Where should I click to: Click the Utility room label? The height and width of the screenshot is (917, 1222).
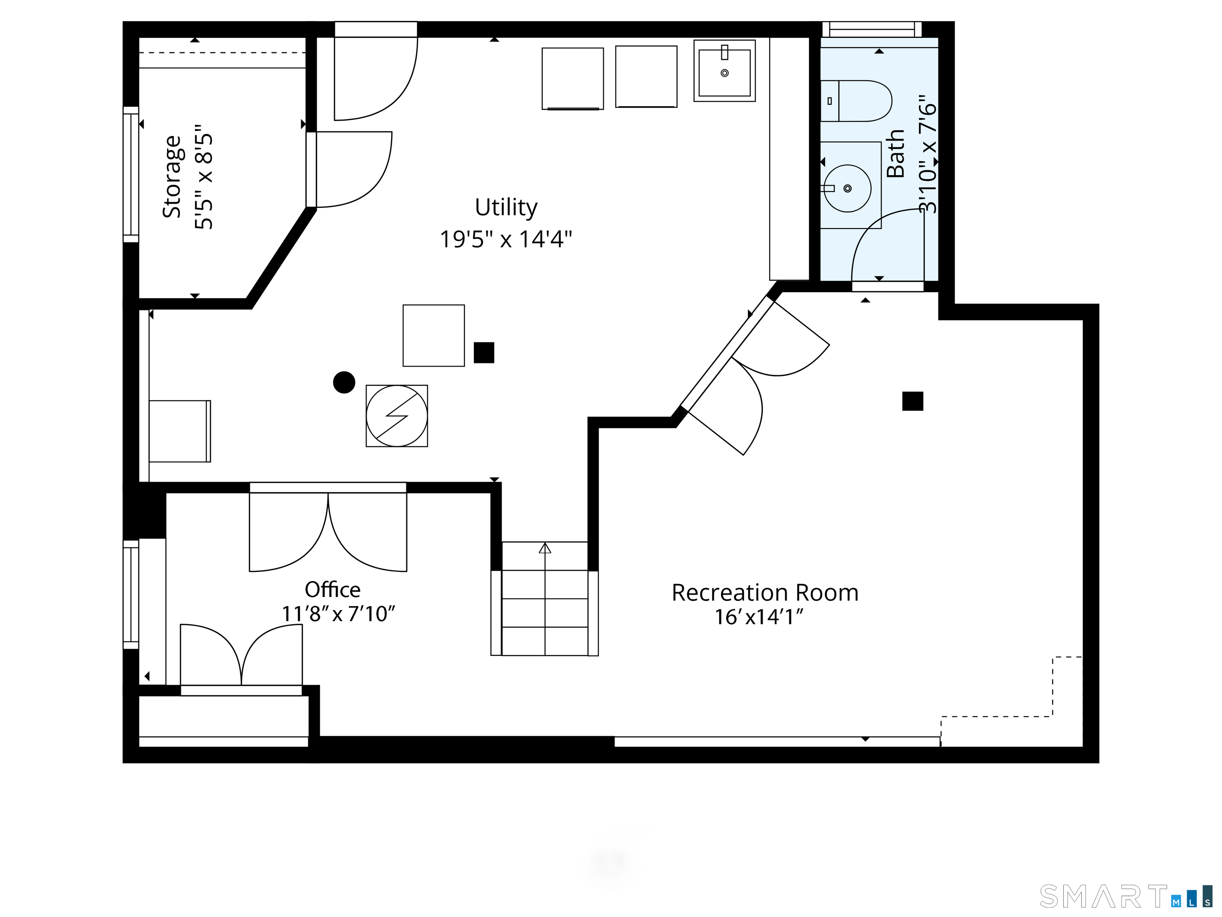(506, 208)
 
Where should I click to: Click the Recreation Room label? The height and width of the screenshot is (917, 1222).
(765, 593)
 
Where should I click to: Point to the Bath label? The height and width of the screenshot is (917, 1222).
(895, 154)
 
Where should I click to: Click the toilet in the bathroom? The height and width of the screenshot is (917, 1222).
(856, 101)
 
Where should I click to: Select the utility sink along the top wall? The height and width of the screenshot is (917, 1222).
(724, 71)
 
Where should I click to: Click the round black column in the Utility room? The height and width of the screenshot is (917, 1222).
(344, 382)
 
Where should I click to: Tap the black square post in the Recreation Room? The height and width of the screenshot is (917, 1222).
(913, 401)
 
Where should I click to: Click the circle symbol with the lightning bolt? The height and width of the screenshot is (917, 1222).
(397, 416)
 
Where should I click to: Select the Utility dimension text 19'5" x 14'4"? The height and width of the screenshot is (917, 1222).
(506, 239)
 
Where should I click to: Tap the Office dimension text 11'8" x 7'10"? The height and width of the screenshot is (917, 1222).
(339, 614)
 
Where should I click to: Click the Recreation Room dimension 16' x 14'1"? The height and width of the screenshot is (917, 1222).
(759, 617)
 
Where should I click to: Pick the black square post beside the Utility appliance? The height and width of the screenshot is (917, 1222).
(484, 353)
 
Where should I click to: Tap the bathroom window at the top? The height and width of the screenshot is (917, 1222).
(872, 29)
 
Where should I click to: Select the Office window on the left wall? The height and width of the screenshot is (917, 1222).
(131, 595)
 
